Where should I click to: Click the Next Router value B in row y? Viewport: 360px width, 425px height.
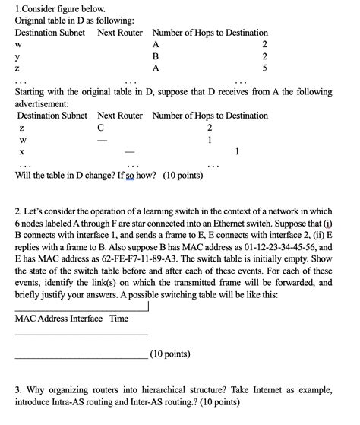coord(156,56)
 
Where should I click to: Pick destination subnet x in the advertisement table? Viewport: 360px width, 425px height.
coord(22,151)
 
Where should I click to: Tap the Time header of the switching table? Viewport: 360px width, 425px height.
coord(118,318)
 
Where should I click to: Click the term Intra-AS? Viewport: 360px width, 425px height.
coord(69,401)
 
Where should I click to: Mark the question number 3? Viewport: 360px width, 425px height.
coord(18,389)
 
